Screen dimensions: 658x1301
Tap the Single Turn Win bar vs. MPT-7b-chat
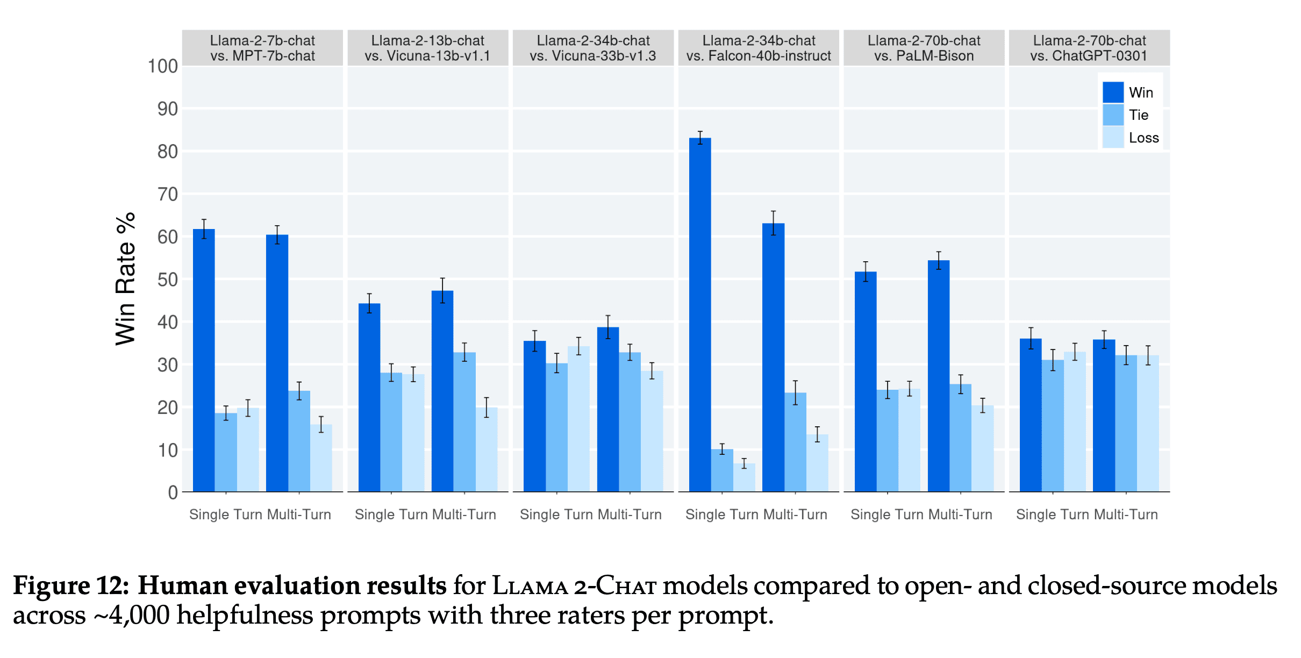click(x=204, y=360)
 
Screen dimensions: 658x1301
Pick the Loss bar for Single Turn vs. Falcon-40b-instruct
click(x=744, y=478)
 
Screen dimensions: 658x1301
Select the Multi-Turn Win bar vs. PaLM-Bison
click(x=939, y=376)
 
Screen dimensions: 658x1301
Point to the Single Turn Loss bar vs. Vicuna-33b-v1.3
click(x=578, y=419)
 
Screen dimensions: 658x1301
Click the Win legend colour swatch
click(x=1113, y=92)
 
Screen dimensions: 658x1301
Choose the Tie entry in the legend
click(x=1138, y=115)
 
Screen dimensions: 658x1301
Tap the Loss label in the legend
click(x=1143, y=138)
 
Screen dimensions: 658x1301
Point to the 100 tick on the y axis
click(x=162, y=66)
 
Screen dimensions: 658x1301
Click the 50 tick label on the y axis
click(x=167, y=280)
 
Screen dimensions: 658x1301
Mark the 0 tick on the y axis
click(x=173, y=492)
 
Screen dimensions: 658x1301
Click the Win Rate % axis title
click(x=126, y=278)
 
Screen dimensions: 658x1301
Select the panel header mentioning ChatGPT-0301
click(x=1089, y=48)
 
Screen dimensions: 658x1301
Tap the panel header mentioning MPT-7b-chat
click(x=262, y=48)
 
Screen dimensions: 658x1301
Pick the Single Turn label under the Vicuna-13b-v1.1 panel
click(x=391, y=514)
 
